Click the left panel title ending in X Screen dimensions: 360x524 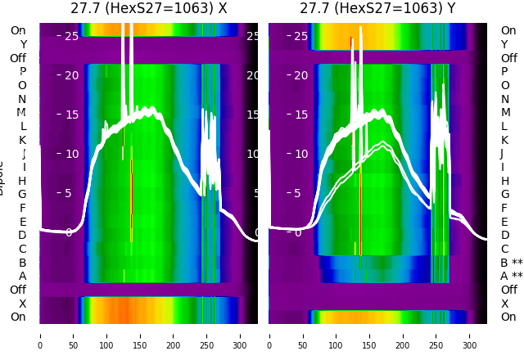tap(148, 9)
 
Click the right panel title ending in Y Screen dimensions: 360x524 tap(377, 9)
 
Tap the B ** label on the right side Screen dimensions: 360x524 tap(511, 263)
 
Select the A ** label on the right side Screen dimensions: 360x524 tap(511, 277)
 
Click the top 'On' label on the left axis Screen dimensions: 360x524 tap(18, 31)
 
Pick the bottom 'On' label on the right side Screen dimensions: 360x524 tap(508, 317)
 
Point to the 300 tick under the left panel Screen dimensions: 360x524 tap(241, 335)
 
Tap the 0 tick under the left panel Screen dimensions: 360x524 tap(40, 335)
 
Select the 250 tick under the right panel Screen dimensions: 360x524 tap(436, 335)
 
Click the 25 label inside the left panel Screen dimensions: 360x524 tap(71, 36)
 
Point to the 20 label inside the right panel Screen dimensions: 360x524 tap(300, 75)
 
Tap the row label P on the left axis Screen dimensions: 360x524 tap(22, 72)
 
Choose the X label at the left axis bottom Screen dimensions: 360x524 tap(22, 304)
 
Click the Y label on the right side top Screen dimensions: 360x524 tap(505, 45)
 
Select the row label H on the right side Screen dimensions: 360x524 tap(505, 181)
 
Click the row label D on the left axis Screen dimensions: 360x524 tap(22, 236)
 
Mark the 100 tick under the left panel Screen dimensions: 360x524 tap(106, 335)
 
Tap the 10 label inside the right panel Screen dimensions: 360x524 tap(300, 154)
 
